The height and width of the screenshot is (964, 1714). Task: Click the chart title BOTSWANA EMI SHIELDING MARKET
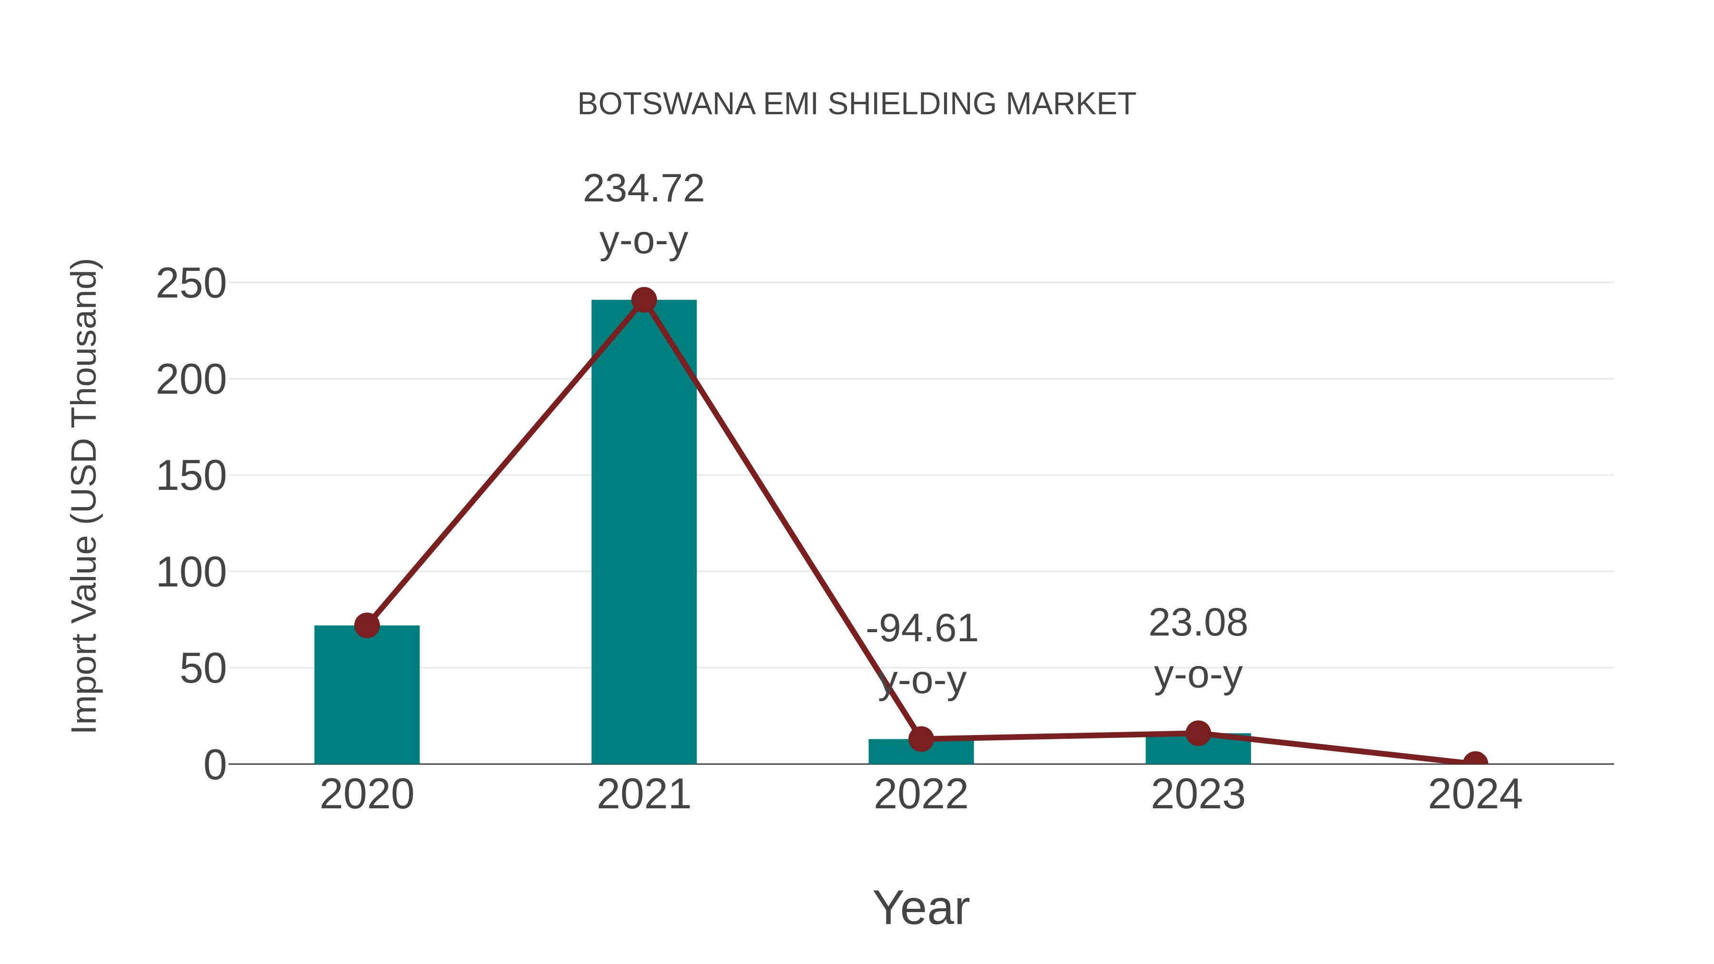[857, 104]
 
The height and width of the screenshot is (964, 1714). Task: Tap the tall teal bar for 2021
[643, 532]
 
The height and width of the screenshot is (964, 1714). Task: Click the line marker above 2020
[367, 626]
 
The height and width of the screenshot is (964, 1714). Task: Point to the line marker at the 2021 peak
[643, 300]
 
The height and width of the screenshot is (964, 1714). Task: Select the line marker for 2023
[1198, 733]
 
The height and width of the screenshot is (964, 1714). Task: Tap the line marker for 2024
[1475, 763]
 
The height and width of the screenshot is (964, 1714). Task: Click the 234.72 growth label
[643, 189]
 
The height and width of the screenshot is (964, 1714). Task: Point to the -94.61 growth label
[922, 629]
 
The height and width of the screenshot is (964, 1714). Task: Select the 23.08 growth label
[1198, 623]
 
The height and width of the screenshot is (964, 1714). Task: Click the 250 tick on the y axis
[191, 284]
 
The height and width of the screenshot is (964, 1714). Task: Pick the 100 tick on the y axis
[191, 573]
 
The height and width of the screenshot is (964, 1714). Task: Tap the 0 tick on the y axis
[215, 765]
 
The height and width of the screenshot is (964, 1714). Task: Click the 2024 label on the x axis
[1475, 795]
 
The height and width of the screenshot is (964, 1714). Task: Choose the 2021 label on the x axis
[643, 795]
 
